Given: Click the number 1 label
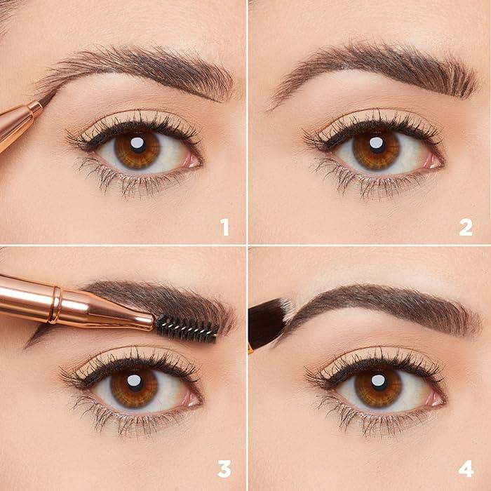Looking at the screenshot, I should click(224, 227).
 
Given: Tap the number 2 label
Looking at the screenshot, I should click(465, 227).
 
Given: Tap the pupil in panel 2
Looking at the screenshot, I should click(377, 145).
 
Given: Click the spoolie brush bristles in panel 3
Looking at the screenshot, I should click(186, 327).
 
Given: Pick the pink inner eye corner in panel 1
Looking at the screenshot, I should click(191, 160).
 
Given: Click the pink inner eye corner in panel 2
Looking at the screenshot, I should click(433, 161).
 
